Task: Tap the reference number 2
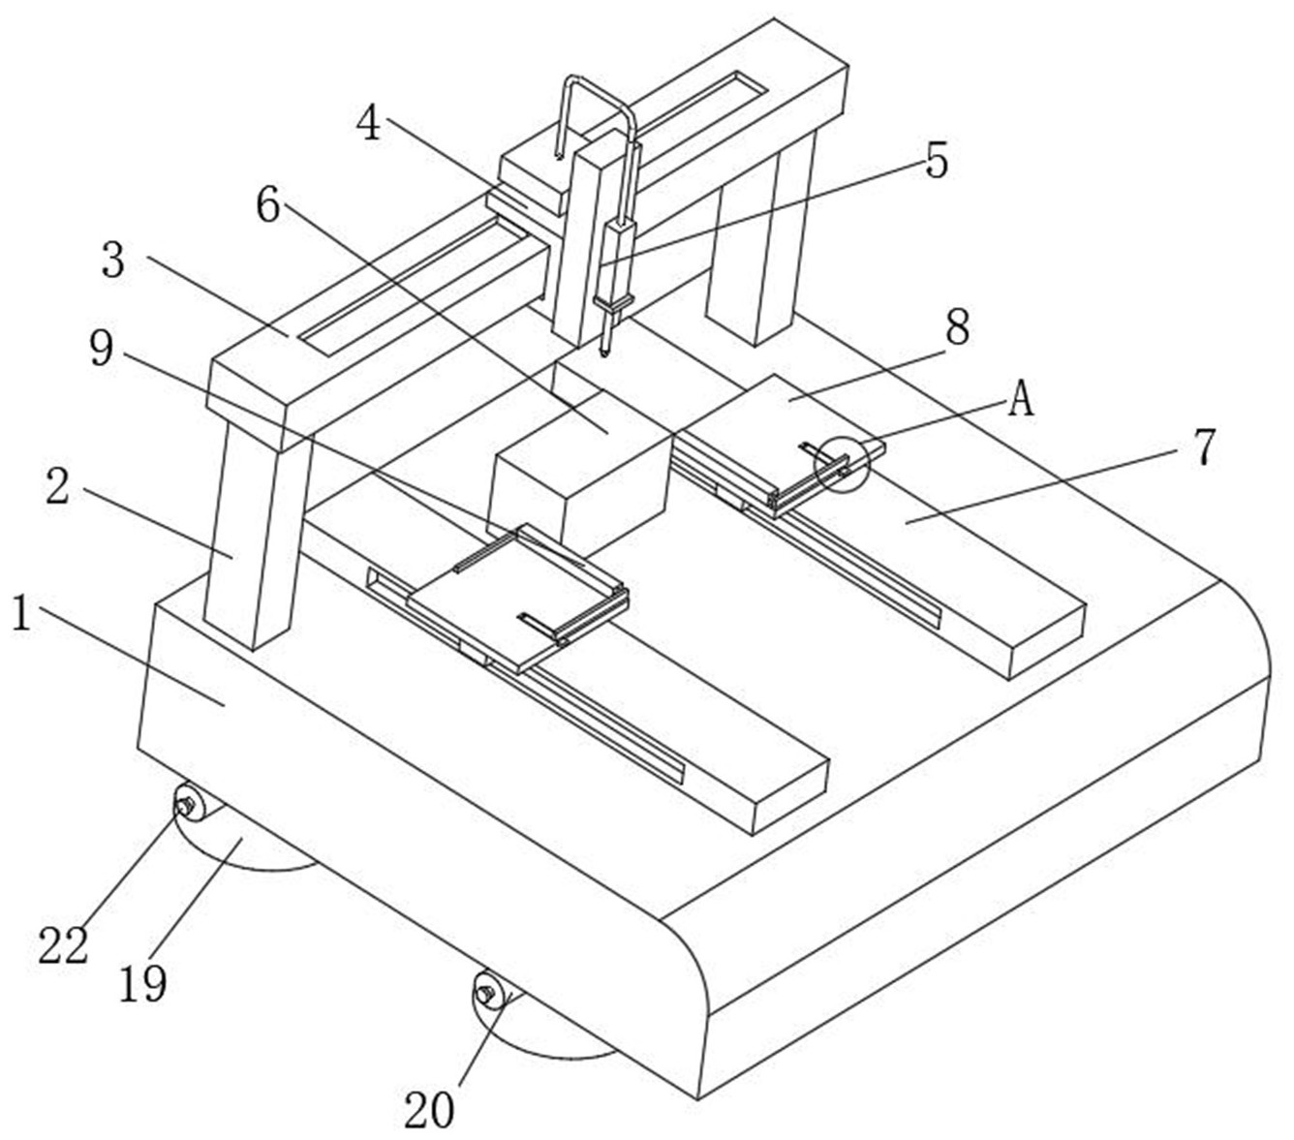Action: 58,488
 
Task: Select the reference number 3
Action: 114,261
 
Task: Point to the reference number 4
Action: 369,123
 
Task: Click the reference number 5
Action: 936,160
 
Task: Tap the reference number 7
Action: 1202,447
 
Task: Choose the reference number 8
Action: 957,329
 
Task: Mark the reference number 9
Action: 102,349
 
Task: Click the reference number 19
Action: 143,983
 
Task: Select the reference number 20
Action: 429,1110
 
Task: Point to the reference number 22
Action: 63,944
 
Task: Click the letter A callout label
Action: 1021,398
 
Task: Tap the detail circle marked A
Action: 842,464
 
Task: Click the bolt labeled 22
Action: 185,803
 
